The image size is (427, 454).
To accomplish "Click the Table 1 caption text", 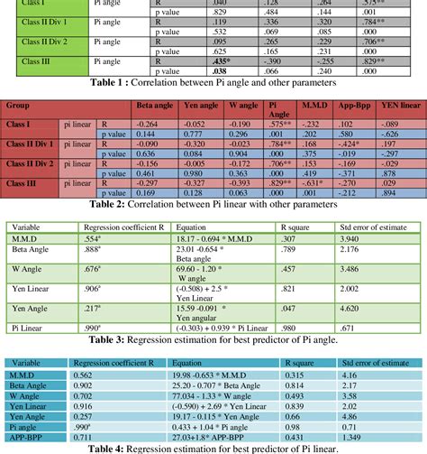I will (213, 81).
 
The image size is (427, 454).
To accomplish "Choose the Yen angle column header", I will (200, 104).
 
